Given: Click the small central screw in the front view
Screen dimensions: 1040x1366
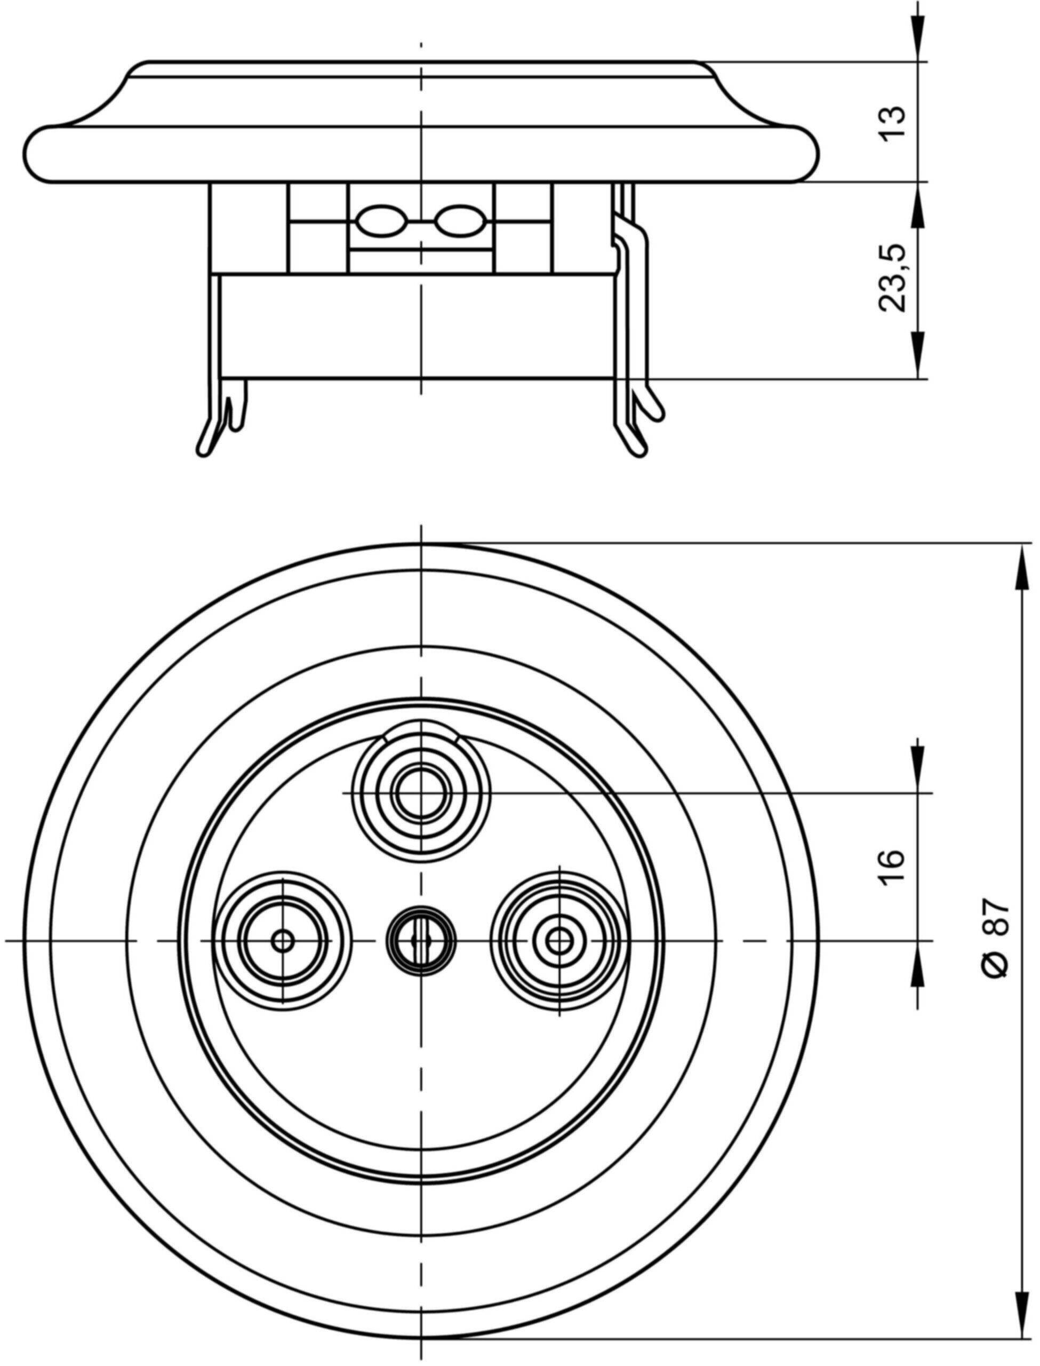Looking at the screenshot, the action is coord(421,942).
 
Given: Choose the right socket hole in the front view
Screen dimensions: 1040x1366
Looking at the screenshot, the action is coord(559,942).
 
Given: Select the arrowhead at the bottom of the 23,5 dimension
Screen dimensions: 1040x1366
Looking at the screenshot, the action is coord(917,355).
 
